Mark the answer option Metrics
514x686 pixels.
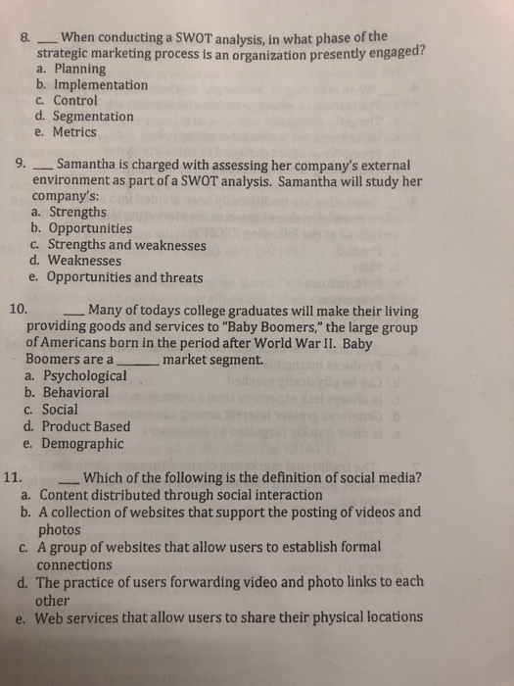(x=74, y=131)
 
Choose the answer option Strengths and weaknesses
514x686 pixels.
(x=126, y=245)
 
